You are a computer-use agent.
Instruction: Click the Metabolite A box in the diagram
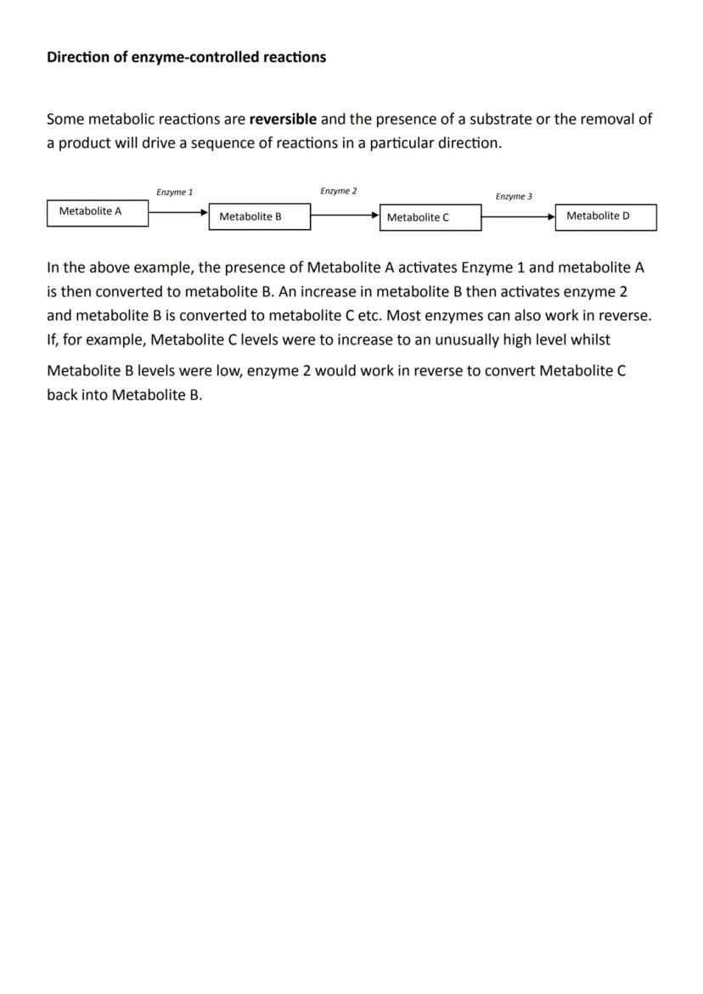click(x=97, y=212)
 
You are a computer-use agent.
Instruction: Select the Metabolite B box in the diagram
click(x=259, y=217)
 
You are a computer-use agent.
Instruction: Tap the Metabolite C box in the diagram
click(x=430, y=217)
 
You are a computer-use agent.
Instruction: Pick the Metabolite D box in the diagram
click(x=605, y=216)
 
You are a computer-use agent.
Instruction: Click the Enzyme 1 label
click(x=174, y=193)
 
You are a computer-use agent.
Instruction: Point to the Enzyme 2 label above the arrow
click(x=338, y=192)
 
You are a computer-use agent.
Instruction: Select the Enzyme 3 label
click(x=514, y=197)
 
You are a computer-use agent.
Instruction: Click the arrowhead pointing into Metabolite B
click(x=204, y=214)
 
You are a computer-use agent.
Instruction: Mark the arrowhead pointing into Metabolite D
click(x=551, y=216)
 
